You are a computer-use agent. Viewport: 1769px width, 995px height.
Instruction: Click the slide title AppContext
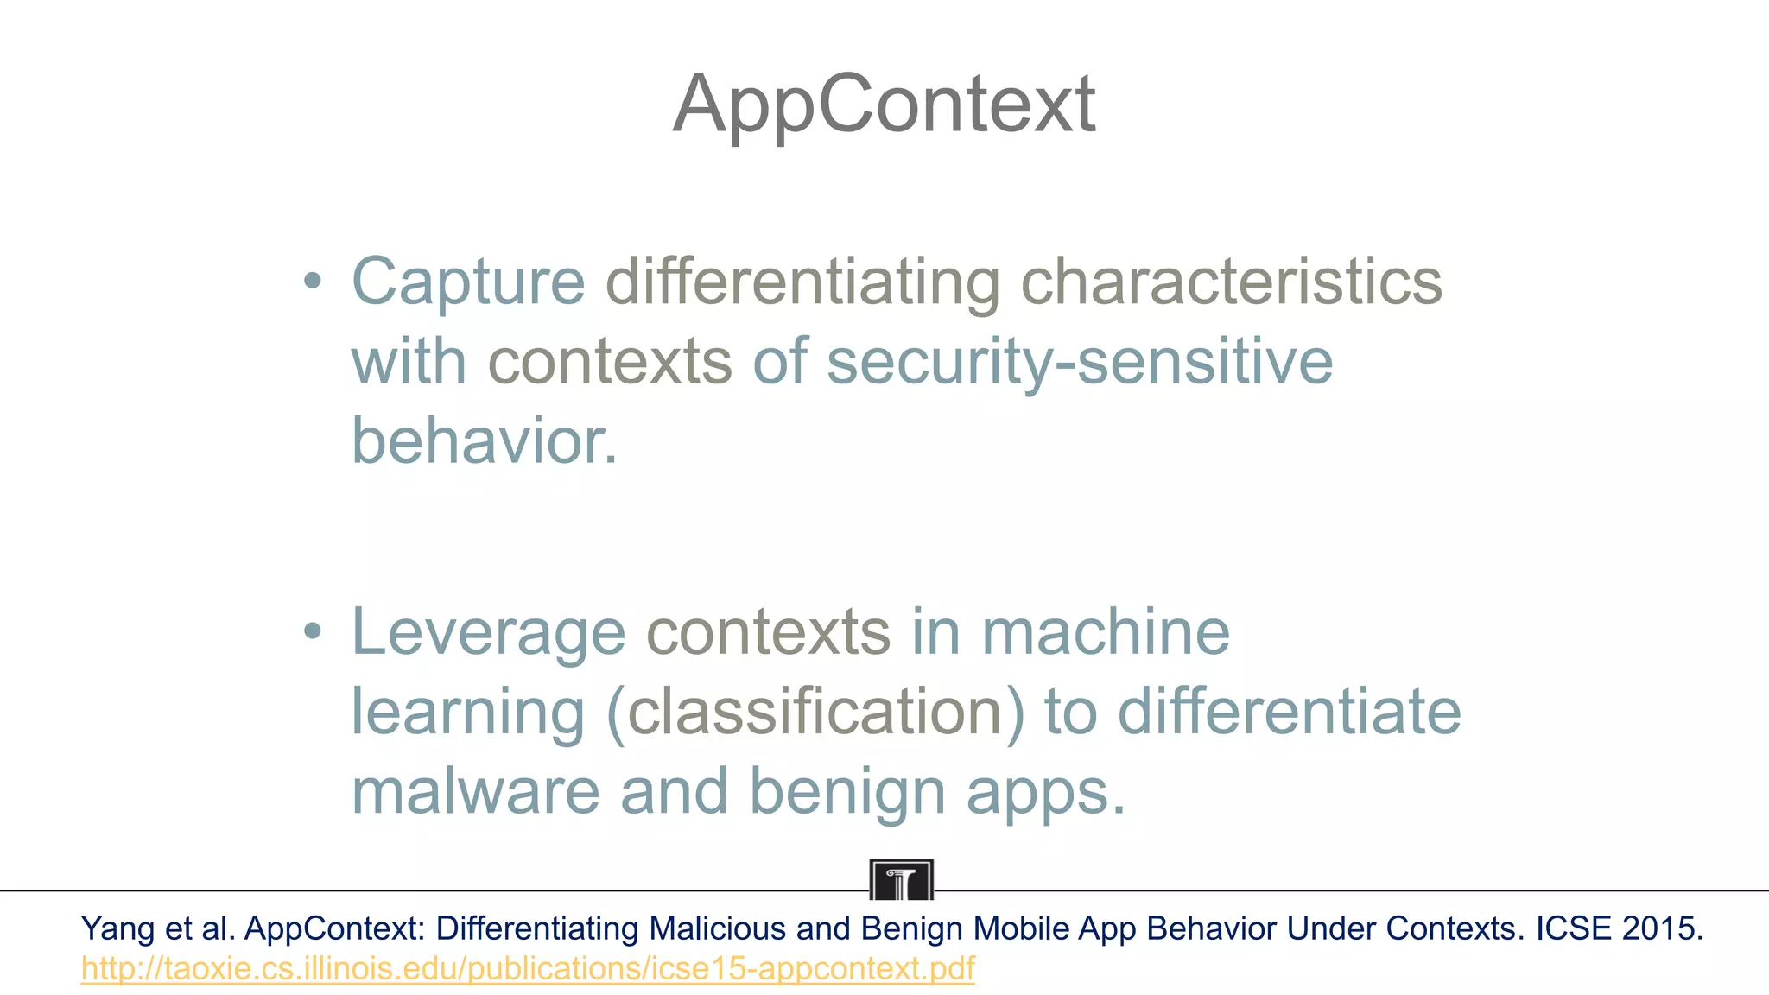click(x=884, y=105)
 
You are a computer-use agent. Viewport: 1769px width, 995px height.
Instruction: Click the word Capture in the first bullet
click(x=468, y=282)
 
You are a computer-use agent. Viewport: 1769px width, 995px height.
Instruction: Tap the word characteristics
click(x=1231, y=282)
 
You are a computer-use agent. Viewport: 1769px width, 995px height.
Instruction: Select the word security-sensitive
click(x=1080, y=361)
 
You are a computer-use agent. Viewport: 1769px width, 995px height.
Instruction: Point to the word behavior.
click(x=484, y=440)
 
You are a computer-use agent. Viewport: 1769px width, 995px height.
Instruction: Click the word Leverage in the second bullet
click(x=488, y=633)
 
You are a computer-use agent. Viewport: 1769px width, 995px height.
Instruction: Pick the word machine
click(x=1106, y=631)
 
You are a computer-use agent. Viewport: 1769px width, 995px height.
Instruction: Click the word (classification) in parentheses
click(x=815, y=712)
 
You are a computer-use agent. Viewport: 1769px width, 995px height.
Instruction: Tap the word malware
click(x=475, y=791)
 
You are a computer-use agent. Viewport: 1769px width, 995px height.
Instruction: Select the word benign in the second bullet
click(x=846, y=793)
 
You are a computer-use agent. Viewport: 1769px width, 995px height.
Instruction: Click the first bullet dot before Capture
click(x=313, y=281)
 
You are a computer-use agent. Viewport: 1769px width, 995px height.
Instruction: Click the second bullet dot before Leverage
click(x=313, y=631)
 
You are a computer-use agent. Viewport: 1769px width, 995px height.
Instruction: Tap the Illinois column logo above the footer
click(x=901, y=879)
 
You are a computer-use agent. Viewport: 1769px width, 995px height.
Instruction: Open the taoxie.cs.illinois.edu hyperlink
click(x=527, y=969)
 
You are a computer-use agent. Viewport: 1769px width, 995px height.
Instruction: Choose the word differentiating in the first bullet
click(x=802, y=282)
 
